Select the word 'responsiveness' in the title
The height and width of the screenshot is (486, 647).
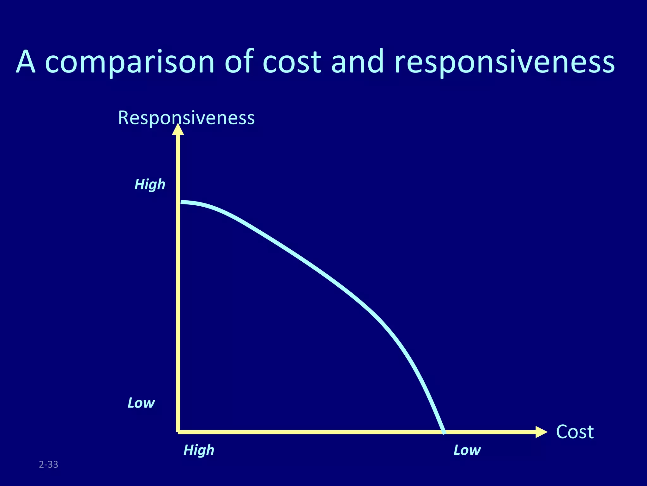coord(505,62)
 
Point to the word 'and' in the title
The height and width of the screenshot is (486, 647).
coord(357,62)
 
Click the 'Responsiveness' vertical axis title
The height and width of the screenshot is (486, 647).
coord(186,118)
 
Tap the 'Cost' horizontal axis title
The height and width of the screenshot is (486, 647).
coord(575,432)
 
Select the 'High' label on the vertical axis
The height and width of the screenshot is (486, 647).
coord(150,184)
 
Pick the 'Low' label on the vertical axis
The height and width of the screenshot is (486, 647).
coord(141,403)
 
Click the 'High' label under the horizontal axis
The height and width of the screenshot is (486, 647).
coord(199,450)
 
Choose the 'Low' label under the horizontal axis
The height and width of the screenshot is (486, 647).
coord(467,450)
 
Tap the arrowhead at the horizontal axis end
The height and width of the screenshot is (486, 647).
coord(541,432)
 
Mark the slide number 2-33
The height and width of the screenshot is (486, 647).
coord(48,464)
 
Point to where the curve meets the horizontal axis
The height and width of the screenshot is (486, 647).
coord(444,432)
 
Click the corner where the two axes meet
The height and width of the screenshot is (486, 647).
coord(178,432)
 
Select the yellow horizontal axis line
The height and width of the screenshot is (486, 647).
coord(316,432)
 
